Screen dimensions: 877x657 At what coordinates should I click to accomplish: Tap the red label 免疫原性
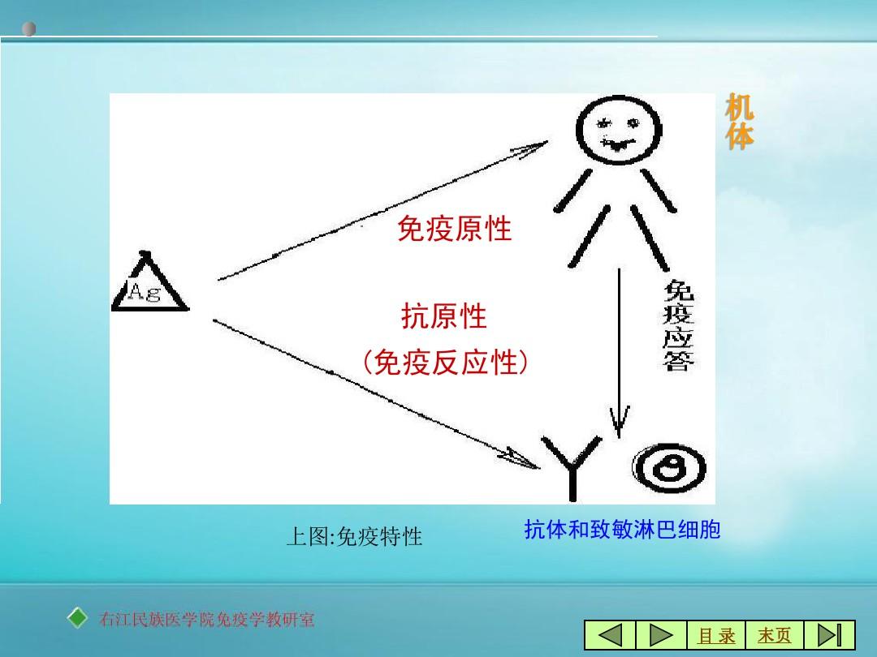click(454, 229)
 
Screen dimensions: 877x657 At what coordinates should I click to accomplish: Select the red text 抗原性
click(444, 316)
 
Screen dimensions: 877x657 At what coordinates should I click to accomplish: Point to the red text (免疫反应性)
click(445, 362)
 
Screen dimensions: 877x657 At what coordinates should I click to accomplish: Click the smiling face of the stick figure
click(619, 130)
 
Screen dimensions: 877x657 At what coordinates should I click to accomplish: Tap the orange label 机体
click(740, 121)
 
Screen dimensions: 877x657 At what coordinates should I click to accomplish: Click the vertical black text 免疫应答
click(678, 325)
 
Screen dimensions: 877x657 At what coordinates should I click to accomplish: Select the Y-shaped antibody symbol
click(572, 466)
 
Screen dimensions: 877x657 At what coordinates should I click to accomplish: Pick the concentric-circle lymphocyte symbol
click(669, 468)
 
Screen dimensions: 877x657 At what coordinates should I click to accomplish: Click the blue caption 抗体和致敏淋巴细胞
click(622, 529)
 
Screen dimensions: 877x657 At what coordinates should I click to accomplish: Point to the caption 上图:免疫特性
click(354, 537)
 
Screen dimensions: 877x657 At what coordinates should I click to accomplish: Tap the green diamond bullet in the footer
click(77, 618)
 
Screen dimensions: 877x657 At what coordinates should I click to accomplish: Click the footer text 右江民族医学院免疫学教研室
click(207, 620)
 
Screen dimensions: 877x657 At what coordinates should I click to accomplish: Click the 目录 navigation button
click(716, 635)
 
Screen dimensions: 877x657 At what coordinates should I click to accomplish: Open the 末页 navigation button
click(775, 635)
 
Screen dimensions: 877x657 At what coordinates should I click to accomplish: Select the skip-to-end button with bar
click(829, 635)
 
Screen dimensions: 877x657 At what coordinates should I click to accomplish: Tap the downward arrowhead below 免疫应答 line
click(619, 422)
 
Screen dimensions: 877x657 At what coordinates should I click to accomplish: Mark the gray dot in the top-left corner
click(29, 28)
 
